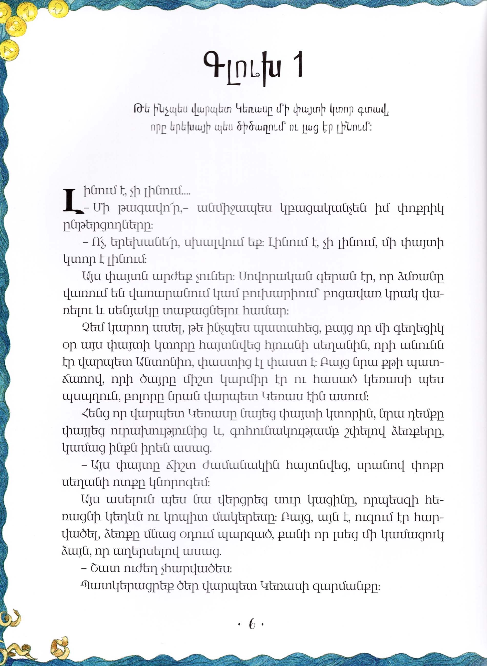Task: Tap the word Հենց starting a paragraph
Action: point(94,414)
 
